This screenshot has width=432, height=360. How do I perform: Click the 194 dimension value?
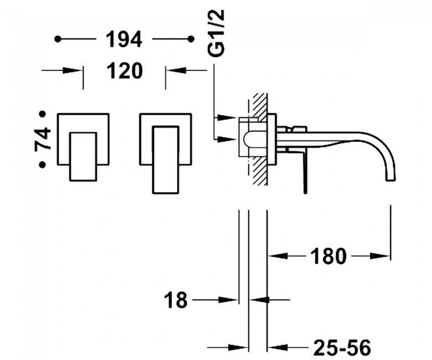tap(124, 39)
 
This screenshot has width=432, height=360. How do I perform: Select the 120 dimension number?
tap(125, 70)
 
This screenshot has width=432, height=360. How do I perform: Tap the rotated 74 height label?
tap(43, 138)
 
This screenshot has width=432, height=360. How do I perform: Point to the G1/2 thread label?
tap(217, 33)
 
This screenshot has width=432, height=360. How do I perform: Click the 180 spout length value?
tap(328, 256)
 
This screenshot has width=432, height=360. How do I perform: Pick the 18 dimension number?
tap(176, 300)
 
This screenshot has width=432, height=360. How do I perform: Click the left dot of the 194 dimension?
tap(58, 39)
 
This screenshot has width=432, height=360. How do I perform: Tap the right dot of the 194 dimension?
tap(191, 39)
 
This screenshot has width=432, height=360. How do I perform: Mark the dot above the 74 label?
tap(42, 114)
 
